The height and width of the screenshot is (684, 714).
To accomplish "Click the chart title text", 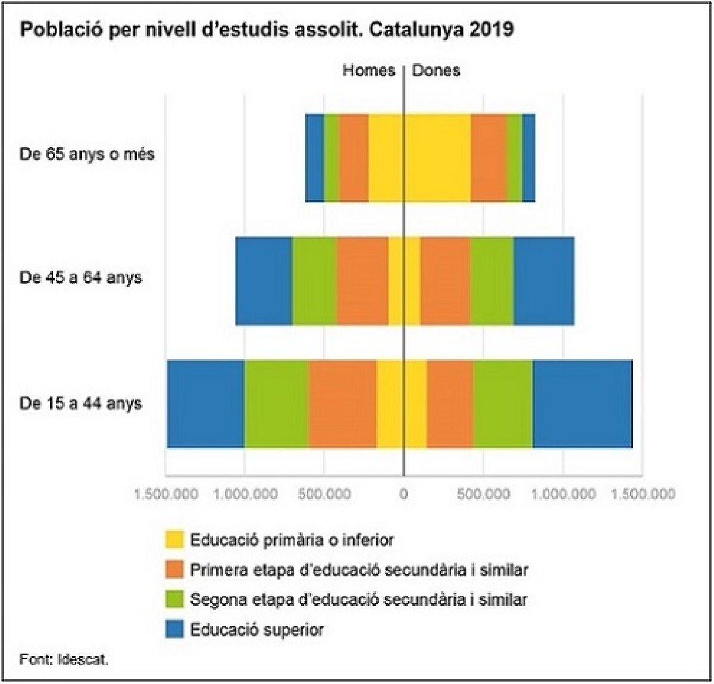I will click(x=267, y=30).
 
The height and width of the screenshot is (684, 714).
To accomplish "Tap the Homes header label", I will click(x=368, y=71).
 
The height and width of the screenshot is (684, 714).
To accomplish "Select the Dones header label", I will click(x=436, y=71).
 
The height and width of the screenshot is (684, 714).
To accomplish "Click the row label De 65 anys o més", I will click(x=87, y=155).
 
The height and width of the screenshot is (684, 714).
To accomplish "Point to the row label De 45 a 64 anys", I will click(x=81, y=278).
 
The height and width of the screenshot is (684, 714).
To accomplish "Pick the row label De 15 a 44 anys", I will click(x=81, y=404).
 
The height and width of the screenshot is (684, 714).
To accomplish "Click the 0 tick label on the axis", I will click(x=404, y=494).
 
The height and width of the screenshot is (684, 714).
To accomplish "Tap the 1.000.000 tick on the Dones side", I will click(x=563, y=494).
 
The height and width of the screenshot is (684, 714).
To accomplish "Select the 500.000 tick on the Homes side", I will click(x=324, y=494).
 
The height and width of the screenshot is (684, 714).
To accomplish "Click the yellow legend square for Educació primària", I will click(x=174, y=540).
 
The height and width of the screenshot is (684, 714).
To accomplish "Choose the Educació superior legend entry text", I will click(x=257, y=630).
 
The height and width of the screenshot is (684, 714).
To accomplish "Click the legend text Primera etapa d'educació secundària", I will click(x=359, y=570).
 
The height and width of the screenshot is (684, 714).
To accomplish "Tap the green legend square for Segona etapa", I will click(x=174, y=599).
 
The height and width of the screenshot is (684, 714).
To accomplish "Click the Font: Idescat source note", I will click(x=64, y=660).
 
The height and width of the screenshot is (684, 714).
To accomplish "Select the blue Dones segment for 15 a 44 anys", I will click(x=582, y=404).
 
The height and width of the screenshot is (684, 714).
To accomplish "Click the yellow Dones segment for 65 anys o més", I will click(x=437, y=158).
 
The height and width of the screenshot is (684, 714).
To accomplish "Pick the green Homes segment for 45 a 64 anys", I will click(x=314, y=281).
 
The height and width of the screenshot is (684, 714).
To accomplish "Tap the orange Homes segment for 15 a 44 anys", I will click(x=343, y=404).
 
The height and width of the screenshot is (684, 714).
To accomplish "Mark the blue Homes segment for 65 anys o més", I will click(x=315, y=158).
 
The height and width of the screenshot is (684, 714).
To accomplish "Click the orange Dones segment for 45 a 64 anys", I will click(x=445, y=281).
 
